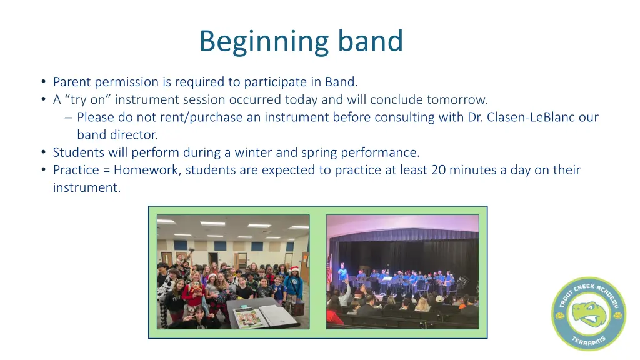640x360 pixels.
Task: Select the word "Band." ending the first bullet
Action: pyautogui.click(x=341, y=82)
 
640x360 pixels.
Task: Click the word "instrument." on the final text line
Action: pyautogui.click(x=86, y=187)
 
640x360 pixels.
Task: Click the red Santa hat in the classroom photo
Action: pyautogui.click(x=212, y=276)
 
